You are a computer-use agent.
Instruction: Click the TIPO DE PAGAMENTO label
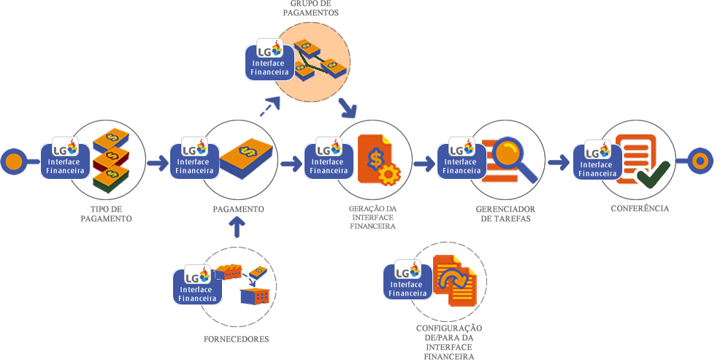coord(106,214)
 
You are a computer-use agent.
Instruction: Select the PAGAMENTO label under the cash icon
coord(238,210)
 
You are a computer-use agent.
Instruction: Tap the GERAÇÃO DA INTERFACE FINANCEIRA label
coord(372,218)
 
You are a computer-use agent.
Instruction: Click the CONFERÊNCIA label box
coord(640,209)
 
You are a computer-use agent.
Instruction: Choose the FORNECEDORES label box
coord(236,340)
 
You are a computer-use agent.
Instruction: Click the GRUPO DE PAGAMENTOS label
coord(310,9)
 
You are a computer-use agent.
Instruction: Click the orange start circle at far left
coord(13,161)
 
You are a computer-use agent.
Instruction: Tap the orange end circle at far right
coord(700,161)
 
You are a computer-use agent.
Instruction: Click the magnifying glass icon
coord(513,158)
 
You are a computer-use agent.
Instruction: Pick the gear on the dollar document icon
coord(390,175)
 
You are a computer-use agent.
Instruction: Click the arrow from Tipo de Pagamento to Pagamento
coord(157,163)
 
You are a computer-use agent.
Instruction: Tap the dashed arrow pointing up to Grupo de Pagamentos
coord(269,107)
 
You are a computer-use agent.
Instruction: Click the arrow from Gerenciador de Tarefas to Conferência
coord(559,161)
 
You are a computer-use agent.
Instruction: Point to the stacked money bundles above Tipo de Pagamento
coord(111,155)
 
